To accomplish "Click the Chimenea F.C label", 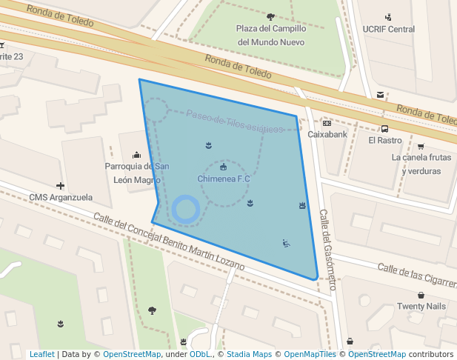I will (224, 179).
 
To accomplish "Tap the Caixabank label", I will (327, 135).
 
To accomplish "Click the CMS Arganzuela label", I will (61, 197).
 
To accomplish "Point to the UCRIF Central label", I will (389, 30).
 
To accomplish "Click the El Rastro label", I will (384, 140).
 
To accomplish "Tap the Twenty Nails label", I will (421, 306).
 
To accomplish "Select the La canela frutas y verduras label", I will (421, 164).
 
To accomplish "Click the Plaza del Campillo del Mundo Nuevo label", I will (270, 35).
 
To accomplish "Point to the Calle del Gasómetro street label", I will (327, 249).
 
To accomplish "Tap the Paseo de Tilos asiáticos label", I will (235, 121).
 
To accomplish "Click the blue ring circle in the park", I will (185, 209).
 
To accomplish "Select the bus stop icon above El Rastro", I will (385, 128).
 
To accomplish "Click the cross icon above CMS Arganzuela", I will (61, 185).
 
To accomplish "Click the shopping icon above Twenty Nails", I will (421, 295).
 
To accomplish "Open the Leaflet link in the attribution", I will (41, 354).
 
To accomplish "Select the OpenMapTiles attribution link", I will (310, 354).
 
